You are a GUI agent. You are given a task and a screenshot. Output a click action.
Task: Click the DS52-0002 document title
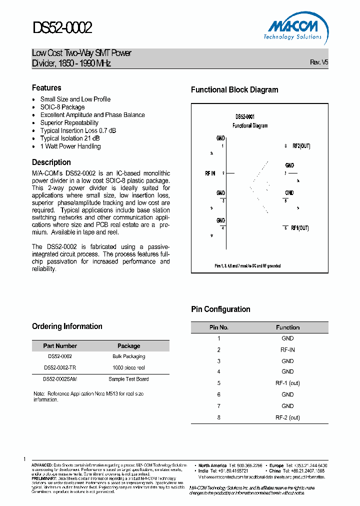tap(62, 27)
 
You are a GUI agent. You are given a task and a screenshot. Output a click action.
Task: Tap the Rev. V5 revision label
tap(319, 62)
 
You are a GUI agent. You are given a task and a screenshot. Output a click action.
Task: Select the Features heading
tap(46, 88)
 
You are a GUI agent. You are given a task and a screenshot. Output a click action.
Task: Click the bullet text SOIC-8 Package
tap(62, 107)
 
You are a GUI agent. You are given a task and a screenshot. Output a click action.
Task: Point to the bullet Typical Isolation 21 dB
tap(69, 138)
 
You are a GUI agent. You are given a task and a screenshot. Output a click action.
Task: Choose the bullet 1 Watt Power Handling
tap(70, 146)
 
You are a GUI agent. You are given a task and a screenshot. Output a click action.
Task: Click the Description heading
tap(51, 162)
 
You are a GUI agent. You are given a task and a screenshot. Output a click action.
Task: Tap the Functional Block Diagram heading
tap(234, 90)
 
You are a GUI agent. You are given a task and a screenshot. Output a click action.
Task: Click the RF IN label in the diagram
tap(210, 173)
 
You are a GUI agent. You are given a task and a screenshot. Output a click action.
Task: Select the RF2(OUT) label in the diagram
tap(300, 146)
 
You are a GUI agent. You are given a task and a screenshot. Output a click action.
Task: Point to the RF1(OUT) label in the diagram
tap(299, 228)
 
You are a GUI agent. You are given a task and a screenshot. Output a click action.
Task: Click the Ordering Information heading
tap(67, 326)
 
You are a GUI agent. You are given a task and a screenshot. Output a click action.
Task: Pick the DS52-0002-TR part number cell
tap(60, 367)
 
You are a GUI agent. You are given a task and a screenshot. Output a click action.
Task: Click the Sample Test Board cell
tap(128, 379)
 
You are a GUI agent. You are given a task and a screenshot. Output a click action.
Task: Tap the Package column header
tap(128, 346)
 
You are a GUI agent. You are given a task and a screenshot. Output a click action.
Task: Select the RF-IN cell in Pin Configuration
tap(287, 350)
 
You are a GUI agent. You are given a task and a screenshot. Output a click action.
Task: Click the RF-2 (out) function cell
tap(287, 417)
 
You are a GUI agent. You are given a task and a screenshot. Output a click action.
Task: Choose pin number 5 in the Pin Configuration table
tap(218, 383)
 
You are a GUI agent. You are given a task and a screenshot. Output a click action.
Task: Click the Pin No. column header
tap(218, 327)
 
